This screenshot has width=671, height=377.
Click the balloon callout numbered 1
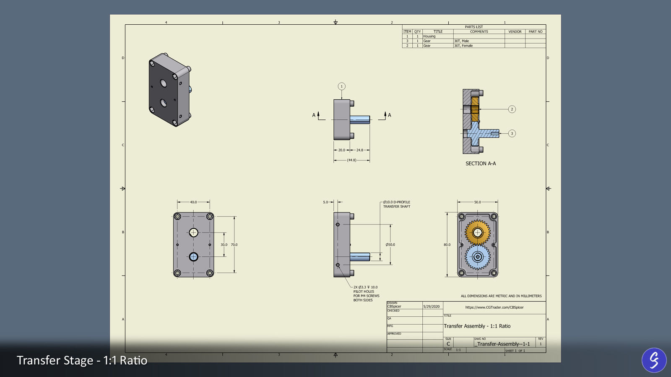[341, 86]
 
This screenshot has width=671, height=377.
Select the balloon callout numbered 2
[512, 109]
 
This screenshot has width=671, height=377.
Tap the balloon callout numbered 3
[512, 134]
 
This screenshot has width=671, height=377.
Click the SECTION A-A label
[481, 164]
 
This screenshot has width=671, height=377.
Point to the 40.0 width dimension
[193, 202]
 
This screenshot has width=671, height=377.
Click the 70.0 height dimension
[234, 245]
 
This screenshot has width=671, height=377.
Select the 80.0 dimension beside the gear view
[447, 245]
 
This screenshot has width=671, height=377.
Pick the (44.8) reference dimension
[351, 160]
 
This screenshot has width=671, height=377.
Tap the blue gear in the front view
[477, 257]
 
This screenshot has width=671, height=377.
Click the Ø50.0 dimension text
[390, 245]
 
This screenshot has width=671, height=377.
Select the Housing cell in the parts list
[429, 36]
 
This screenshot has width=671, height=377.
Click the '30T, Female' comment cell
[463, 46]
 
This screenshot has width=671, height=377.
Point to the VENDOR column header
[515, 32]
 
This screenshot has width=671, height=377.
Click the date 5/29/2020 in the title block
[432, 307]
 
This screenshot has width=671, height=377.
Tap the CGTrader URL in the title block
[494, 307]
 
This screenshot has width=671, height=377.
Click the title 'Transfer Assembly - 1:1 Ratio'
[477, 326]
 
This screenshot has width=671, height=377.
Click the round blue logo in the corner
[654, 360]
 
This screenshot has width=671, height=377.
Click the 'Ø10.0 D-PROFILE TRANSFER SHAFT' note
[396, 204]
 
